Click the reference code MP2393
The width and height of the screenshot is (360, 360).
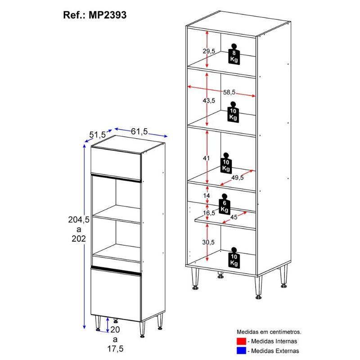[x=108, y=15]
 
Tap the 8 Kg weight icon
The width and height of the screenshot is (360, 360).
[x=234, y=54]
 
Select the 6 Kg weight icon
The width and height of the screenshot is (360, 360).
[x=225, y=204]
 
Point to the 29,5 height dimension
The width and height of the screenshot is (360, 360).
[x=209, y=51]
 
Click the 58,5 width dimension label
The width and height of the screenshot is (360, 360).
[x=229, y=92]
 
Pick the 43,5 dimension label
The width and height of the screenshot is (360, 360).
[x=209, y=100]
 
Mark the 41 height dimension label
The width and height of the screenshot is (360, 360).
[x=206, y=158]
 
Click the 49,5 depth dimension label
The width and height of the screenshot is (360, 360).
[x=238, y=177]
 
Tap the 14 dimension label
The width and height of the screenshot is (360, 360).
[x=207, y=195]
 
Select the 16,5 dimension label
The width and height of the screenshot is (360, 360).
[x=209, y=213]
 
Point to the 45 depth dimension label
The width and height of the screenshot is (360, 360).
[x=234, y=217]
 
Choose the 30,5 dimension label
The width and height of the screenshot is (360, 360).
[x=208, y=242]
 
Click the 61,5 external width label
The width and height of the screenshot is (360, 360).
[x=139, y=131]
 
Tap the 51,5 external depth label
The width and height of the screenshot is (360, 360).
[x=97, y=135]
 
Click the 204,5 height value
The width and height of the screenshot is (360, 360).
[x=79, y=220]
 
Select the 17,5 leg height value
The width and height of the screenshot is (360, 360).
[x=115, y=348]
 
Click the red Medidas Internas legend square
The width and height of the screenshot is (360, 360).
[x=241, y=341]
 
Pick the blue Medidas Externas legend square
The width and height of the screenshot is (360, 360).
[x=241, y=351]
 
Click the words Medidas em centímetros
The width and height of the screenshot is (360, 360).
[x=269, y=332]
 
